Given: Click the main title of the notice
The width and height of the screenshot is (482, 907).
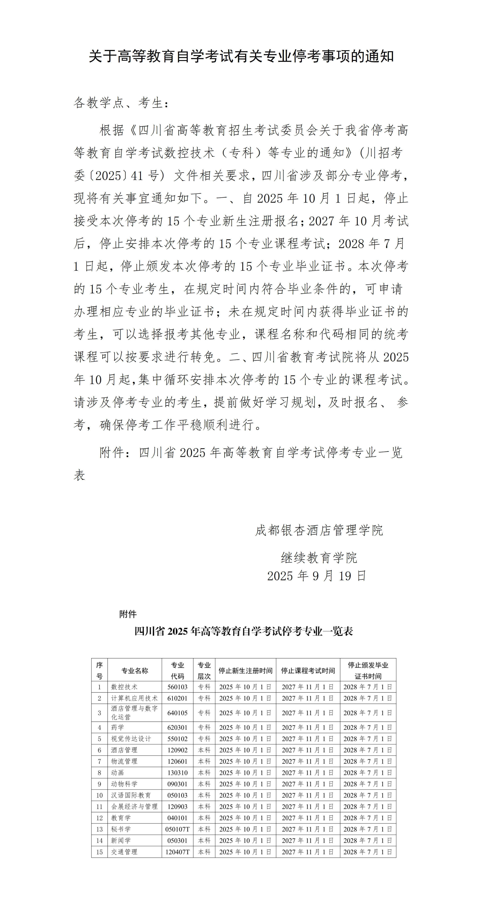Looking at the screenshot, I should coord(241,56).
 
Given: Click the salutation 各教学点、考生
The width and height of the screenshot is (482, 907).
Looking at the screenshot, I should coord(121,103).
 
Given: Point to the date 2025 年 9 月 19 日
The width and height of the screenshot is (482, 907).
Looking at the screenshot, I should coord(317,576).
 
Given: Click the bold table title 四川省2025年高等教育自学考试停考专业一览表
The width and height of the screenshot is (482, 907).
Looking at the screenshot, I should coord(244,631).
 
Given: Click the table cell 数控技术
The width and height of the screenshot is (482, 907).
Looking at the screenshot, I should coord(124,687).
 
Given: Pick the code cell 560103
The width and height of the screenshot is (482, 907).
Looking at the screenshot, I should coord(178,687).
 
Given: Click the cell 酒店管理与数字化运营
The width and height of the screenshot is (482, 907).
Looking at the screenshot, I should coord(134,713).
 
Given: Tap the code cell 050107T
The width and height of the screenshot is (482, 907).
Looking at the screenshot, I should coord(178,829).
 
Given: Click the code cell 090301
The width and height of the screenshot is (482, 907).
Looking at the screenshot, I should coord(178,784).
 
